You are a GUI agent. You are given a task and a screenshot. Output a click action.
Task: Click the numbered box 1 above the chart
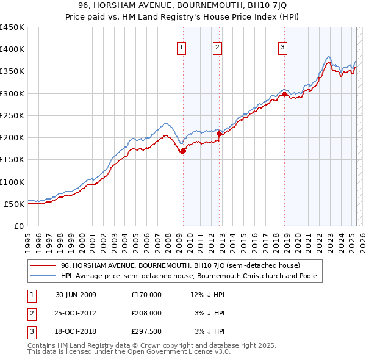click(182, 49)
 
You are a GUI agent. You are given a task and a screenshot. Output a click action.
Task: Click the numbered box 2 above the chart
click(217, 49)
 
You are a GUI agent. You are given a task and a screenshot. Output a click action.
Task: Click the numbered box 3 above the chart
click(283, 49)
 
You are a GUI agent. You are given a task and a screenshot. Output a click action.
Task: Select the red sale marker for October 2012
click(220, 134)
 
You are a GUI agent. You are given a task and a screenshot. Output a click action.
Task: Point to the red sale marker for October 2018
click(285, 94)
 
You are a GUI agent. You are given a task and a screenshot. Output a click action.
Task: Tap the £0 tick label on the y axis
click(19, 226)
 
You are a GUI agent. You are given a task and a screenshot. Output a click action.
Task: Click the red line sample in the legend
click(43, 265)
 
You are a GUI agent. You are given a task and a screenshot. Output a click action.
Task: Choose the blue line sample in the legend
click(43, 276)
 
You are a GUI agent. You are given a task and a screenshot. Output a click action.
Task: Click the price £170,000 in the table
click(146, 295)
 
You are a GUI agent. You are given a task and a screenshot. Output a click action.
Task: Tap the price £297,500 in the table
click(146, 331)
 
